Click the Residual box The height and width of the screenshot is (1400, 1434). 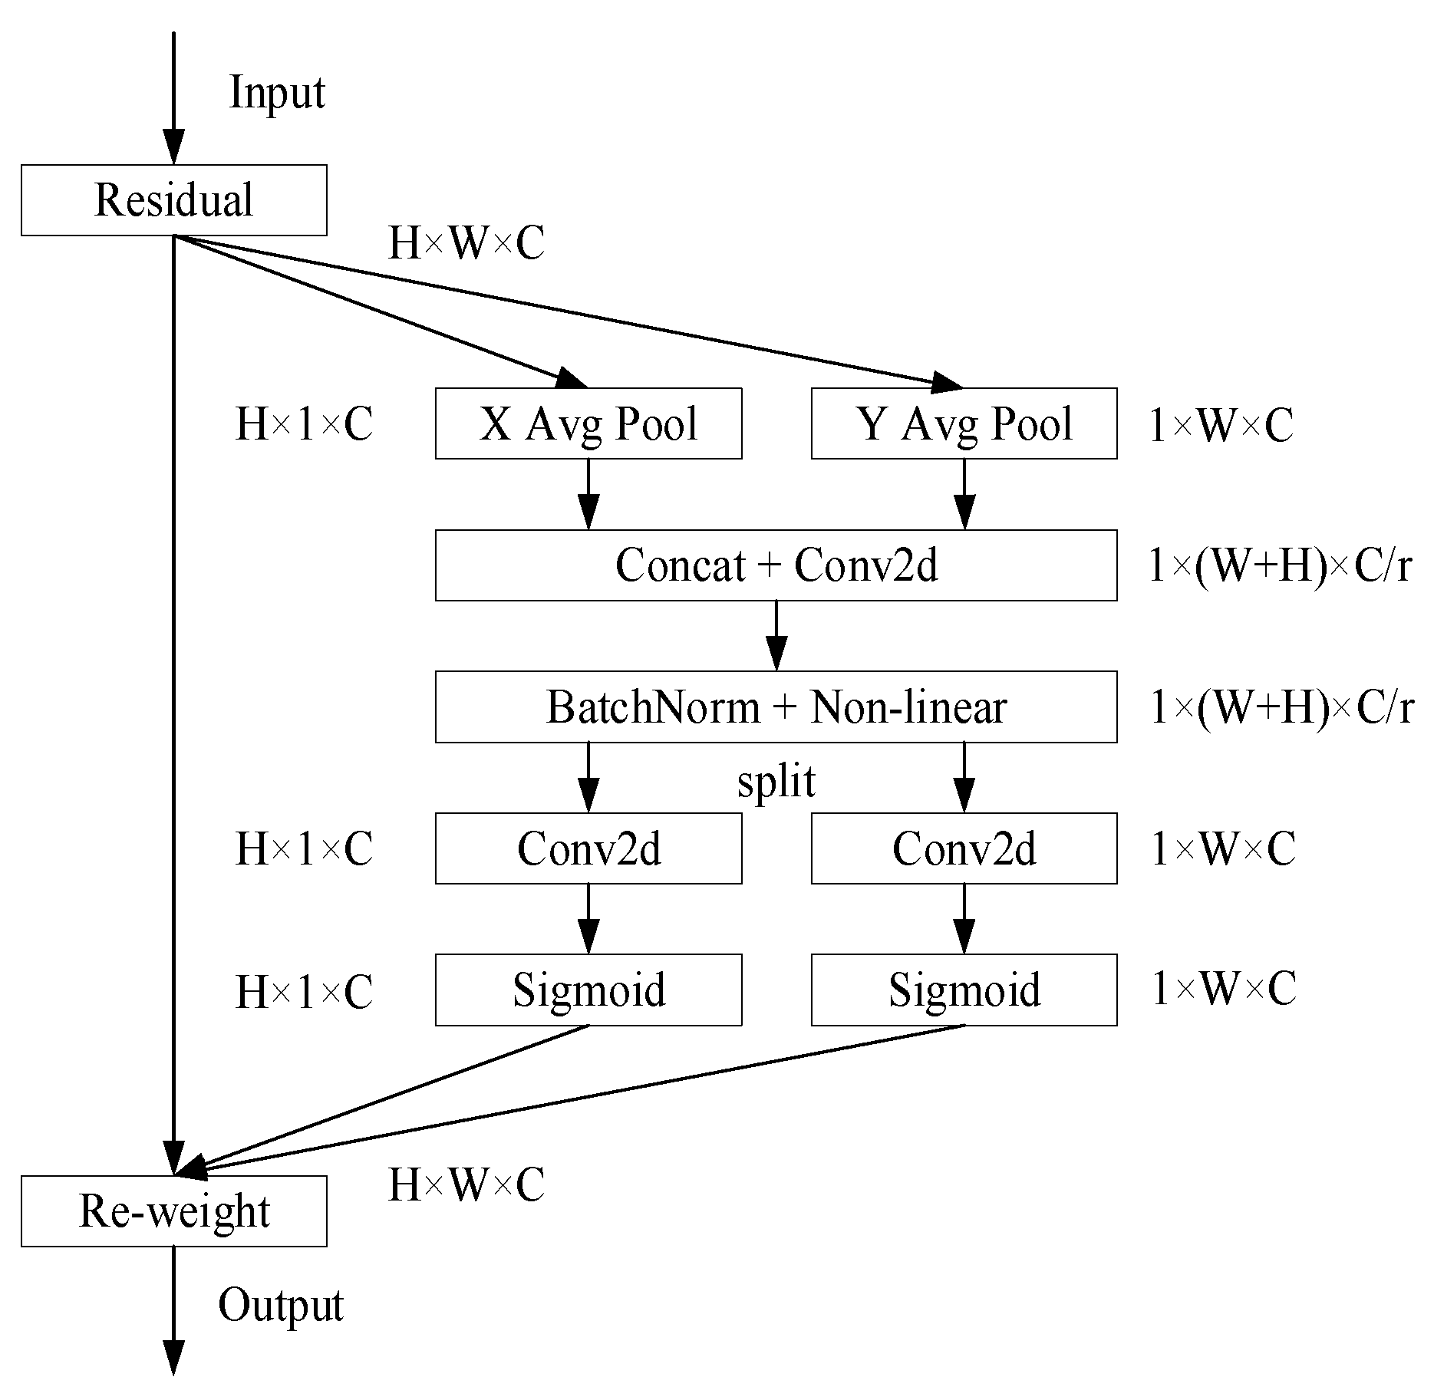tap(173, 200)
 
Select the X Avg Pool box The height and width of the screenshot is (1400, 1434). tap(588, 423)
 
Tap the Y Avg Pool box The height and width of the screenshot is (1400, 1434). tap(964, 423)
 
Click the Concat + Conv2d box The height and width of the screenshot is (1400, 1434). tap(776, 565)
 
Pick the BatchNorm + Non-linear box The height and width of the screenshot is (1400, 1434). tap(776, 707)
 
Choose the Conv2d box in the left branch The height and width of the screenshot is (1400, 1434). tap(588, 848)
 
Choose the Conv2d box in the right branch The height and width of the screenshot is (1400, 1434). tap(964, 848)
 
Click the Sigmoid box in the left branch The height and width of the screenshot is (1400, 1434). tap(588, 990)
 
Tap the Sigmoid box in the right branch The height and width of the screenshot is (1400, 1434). tap(964, 990)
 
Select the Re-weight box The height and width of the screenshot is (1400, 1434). tap(173, 1211)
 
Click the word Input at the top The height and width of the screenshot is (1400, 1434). tap(277, 94)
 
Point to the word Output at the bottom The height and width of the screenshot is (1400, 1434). tap(281, 1305)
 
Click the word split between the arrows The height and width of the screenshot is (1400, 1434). tap(776, 782)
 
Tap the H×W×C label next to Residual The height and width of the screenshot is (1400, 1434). tap(466, 244)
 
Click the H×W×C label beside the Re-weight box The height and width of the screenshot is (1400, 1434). tap(466, 1184)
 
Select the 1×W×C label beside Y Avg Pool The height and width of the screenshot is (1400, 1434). tap(1220, 425)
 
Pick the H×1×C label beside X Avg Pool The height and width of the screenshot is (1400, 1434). tap(304, 424)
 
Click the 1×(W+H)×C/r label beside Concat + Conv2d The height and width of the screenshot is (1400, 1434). tap(1279, 566)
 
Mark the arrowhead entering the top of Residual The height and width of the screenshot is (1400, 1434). tap(174, 147)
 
